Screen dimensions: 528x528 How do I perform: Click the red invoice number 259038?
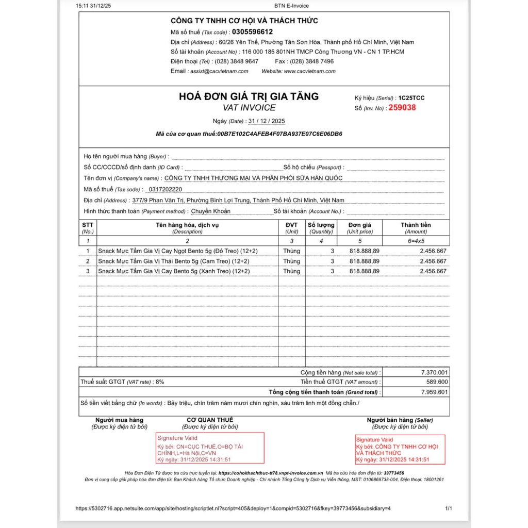click(x=402, y=108)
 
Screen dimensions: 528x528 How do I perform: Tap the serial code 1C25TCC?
click(x=411, y=98)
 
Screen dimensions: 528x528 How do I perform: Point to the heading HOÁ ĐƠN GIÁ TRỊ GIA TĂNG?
click(x=249, y=96)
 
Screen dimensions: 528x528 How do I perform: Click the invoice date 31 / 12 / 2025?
click(x=266, y=121)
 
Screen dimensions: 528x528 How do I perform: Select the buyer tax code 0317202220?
click(x=164, y=189)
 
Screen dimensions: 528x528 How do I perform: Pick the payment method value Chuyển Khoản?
click(x=211, y=211)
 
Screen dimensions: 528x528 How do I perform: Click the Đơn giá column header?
click(x=359, y=225)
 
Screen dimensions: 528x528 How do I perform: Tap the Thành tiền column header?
click(x=416, y=225)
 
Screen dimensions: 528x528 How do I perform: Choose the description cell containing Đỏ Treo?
click(x=178, y=251)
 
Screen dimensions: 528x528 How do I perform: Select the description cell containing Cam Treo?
click(x=174, y=261)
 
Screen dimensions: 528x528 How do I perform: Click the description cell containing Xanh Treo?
click(x=174, y=271)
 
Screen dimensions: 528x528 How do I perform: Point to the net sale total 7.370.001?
click(x=434, y=372)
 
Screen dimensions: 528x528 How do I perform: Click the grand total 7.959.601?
click(x=434, y=392)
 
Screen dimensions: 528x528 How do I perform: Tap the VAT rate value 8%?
click(x=159, y=382)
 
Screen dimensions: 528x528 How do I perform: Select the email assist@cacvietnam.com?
click(x=219, y=71)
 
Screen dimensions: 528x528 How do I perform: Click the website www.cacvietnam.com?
click(x=309, y=71)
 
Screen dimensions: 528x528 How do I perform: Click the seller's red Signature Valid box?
click(x=400, y=450)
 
